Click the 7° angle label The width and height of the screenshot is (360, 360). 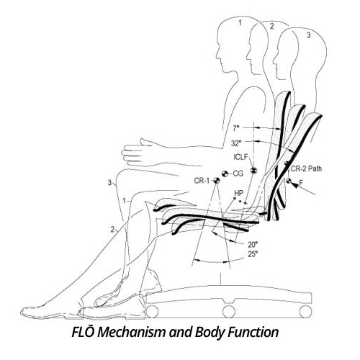[236, 128]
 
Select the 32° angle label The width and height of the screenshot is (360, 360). [236, 143]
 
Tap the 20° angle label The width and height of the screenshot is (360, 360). [253, 245]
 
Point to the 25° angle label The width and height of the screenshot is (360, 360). [253, 254]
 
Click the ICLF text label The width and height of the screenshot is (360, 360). [240, 157]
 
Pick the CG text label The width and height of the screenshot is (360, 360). [238, 174]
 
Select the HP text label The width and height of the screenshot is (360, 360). [239, 193]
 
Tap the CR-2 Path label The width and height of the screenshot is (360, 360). [306, 168]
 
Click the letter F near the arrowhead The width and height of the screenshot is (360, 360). [301, 183]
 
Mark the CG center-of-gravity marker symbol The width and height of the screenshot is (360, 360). [225, 174]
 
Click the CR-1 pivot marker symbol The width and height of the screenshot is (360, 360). [217, 181]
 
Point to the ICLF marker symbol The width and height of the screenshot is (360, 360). [253, 171]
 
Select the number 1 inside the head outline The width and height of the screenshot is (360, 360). [240, 23]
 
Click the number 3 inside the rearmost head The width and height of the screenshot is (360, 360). [309, 35]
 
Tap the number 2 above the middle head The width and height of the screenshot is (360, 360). [271, 27]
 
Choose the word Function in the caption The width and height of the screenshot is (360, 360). [253, 333]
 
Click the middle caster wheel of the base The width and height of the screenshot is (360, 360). [228, 312]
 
